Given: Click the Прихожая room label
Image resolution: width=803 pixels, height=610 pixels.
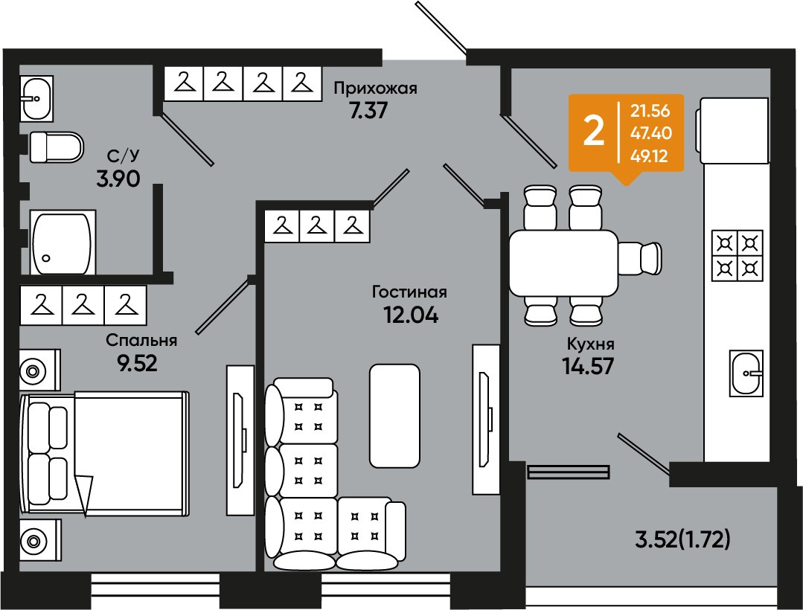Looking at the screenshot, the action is coord(375,89).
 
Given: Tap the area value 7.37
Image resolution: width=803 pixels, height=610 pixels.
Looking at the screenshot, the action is coord(368,111).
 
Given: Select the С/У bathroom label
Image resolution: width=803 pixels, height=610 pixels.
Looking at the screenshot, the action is coord(123,155).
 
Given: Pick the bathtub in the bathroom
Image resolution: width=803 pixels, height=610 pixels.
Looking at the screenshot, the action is coord(63,243).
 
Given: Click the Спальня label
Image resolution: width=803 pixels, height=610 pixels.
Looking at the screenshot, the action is coord(141,341).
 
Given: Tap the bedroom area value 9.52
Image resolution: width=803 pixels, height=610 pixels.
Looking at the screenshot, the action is coord(137,363).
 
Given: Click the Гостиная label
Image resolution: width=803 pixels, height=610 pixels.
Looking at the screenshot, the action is coord(409,292).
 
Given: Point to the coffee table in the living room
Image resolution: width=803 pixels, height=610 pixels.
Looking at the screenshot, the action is coord(394,416).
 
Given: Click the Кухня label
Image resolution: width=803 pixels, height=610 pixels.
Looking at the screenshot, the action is coord(590,344).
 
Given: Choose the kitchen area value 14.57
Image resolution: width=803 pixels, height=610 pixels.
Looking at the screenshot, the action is coord(588,366).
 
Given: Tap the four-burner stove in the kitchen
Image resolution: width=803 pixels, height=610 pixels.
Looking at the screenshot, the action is coord(737,255).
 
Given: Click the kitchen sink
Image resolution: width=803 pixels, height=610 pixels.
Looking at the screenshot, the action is coord(746,373).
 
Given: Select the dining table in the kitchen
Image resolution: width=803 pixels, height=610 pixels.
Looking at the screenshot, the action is coord(564,263).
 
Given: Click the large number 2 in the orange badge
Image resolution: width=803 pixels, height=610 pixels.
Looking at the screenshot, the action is coord(594,132).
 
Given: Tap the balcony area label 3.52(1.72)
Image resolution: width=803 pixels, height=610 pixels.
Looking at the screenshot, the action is coord(682,540).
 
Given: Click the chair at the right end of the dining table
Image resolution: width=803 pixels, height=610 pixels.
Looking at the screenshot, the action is coord(640,258).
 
